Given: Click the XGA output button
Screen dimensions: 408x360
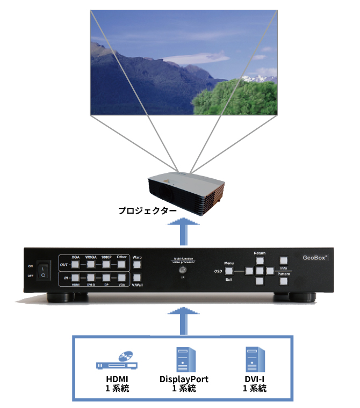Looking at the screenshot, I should coord(75,264).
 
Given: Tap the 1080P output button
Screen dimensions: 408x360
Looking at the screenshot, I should coord(106,264).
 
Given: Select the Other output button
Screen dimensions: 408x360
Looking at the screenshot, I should coord(122,264).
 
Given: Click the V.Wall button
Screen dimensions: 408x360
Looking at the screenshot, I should coord(137,278).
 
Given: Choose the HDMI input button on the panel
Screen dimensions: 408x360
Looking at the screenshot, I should coord(75,278).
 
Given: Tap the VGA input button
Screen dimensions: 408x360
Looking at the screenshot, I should coord(122,278).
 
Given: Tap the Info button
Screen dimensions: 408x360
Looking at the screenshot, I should coord(284,260).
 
